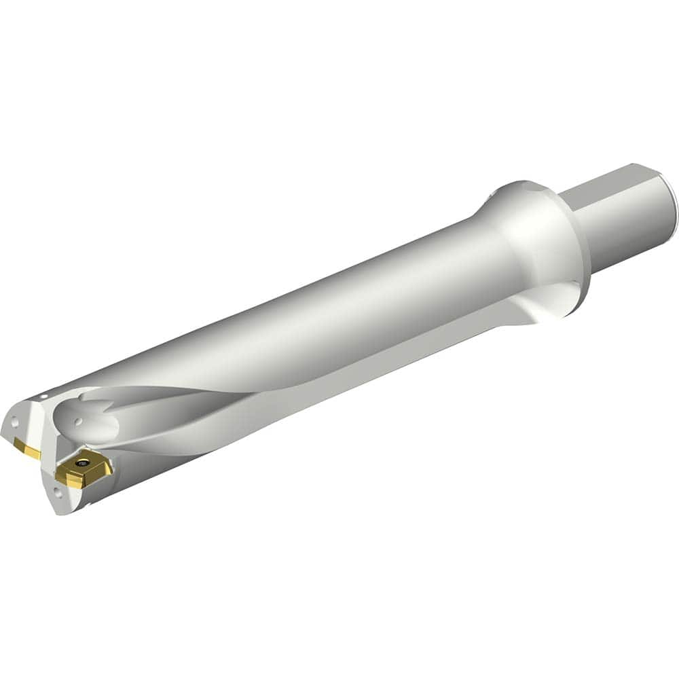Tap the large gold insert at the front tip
pos(84,469)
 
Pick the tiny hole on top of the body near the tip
pos(43,396)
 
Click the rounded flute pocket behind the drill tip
pos(95,424)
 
